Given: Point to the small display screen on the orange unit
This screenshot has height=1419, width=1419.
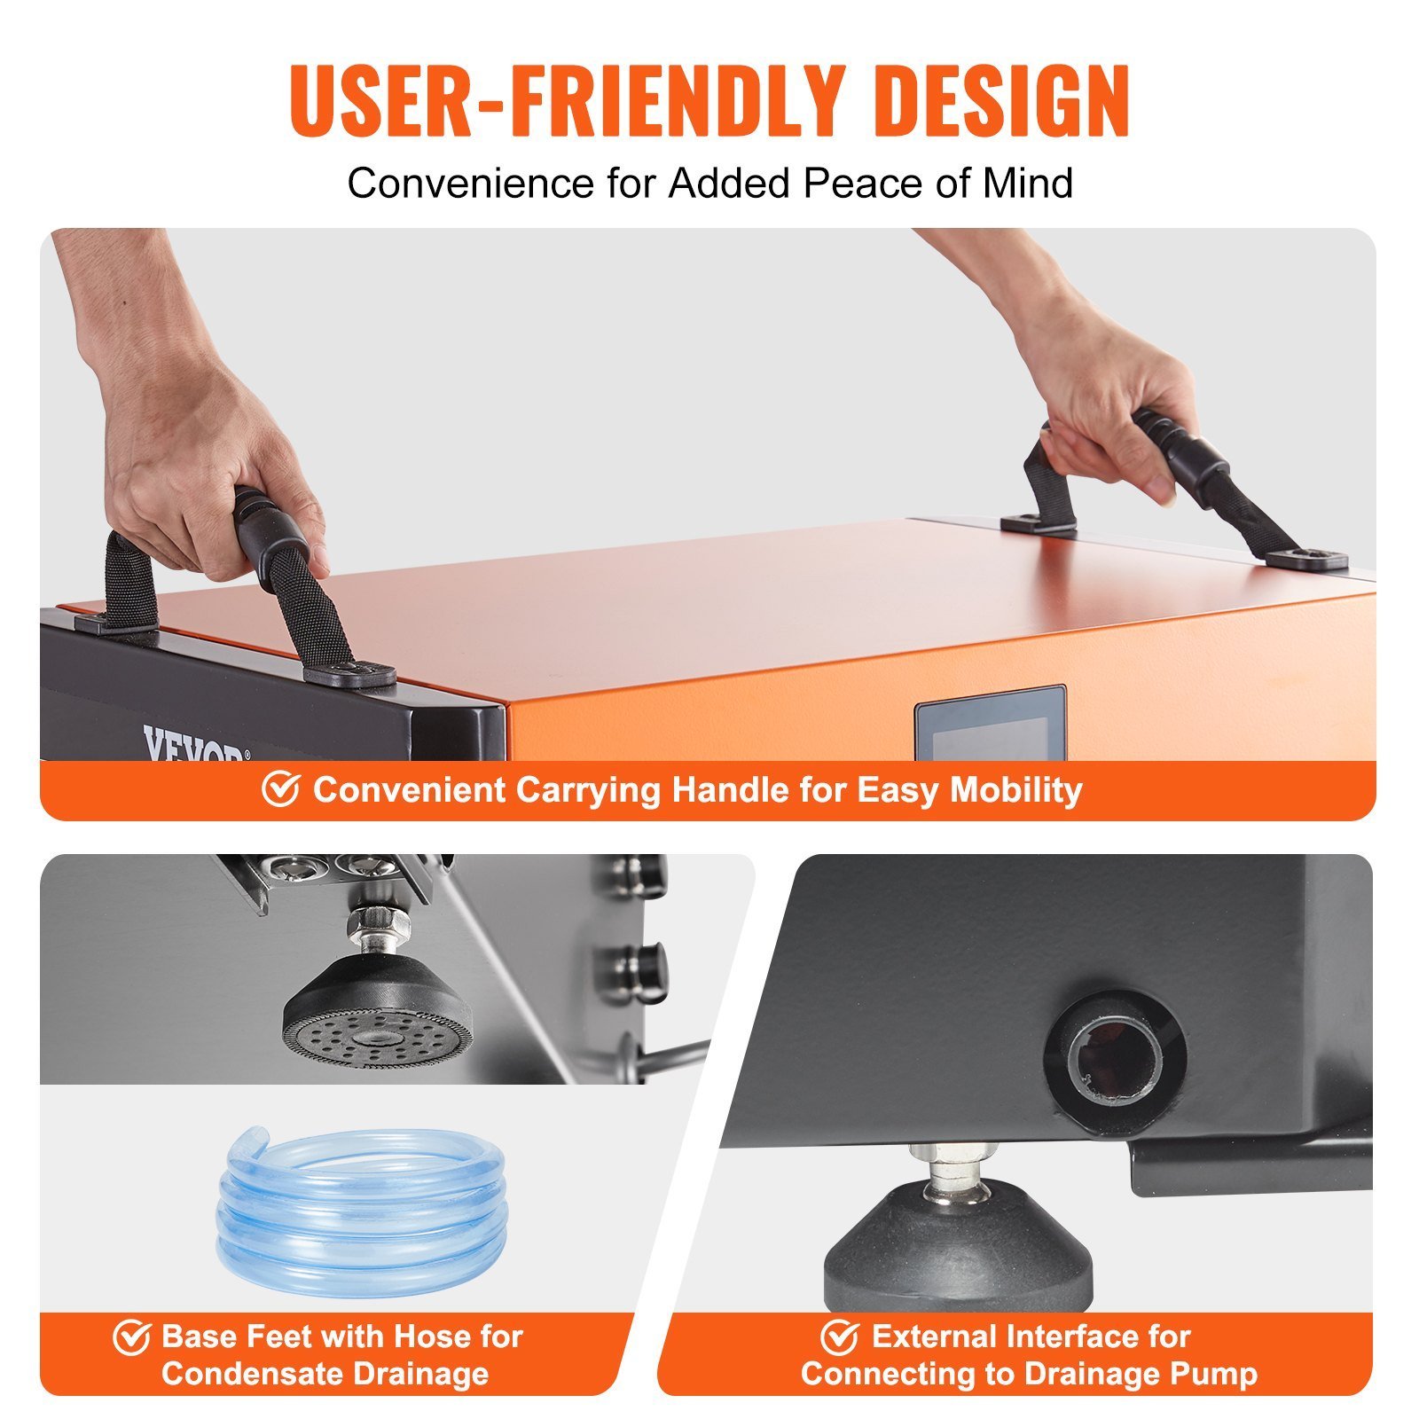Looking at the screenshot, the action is pyautogui.click(x=990, y=724).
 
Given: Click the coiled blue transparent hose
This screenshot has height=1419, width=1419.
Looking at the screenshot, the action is pyautogui.click(x=362, y=1197).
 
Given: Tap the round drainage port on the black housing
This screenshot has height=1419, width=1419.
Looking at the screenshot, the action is pyautogui.click(x=1114, y=1063).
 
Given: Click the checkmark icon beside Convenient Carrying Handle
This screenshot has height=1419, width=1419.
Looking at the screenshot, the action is pyautogui.click(x=280, y=788).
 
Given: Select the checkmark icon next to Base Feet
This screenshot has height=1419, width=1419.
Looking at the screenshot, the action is pyautogui.click(x=131, y=1337).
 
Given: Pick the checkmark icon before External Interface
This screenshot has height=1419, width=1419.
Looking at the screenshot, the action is pyautogui.click(x=839, y=1337).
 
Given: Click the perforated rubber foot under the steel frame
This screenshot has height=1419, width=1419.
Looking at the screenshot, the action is pyautogui.click(x=378, y=1011).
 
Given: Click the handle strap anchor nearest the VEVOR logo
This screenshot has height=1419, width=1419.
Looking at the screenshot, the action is pyautogui.click(x=349, y=673).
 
